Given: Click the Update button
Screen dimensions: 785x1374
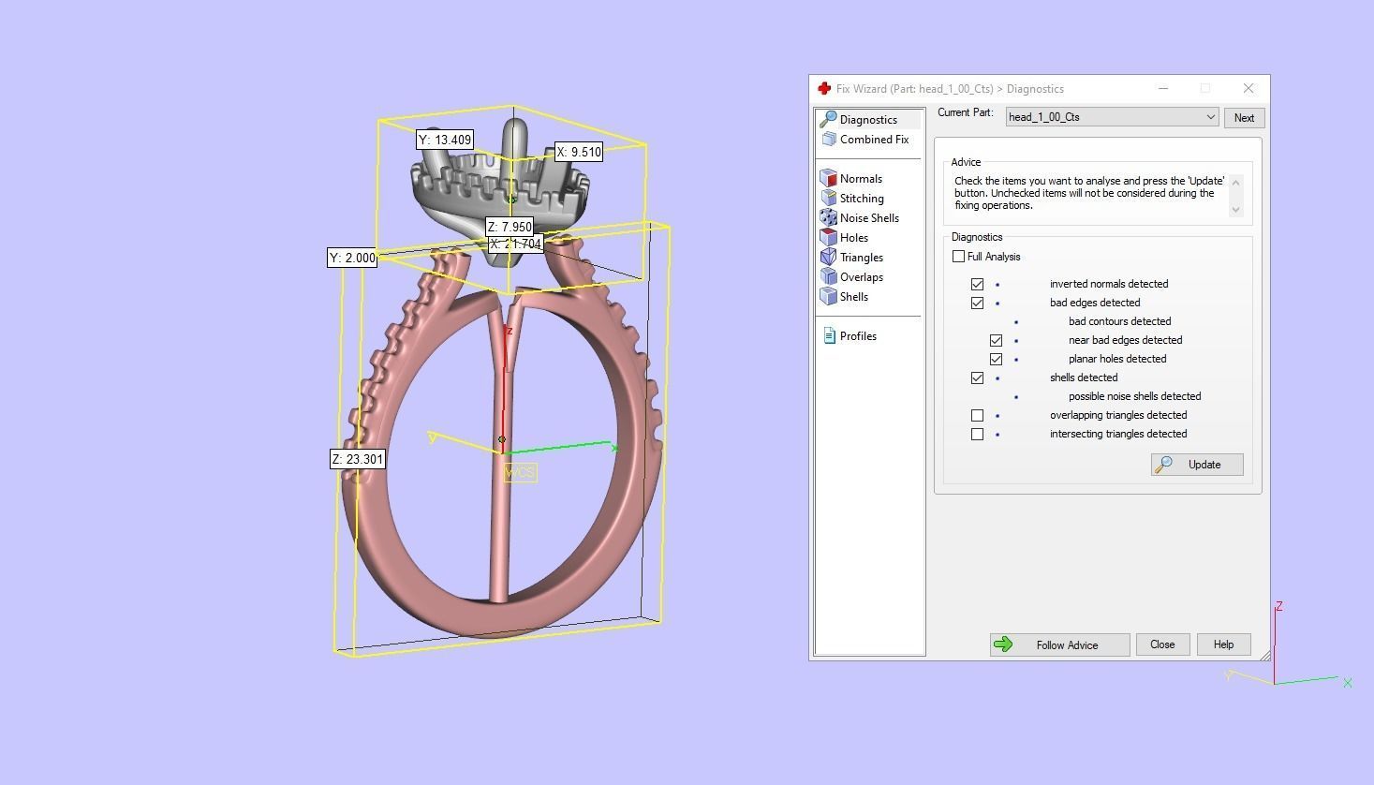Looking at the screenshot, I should click(x=1197, y=465).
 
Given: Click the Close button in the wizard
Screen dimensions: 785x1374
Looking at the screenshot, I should click(x=1162, y=644).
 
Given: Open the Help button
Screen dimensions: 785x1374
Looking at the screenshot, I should click(x=1223, y=644).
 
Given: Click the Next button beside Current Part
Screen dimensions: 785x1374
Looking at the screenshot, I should click(x=1244, y=118).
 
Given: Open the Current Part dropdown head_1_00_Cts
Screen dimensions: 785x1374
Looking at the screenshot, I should click(x=1112, y=117).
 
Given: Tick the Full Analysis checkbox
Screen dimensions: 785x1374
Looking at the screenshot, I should click(x=958, y=257).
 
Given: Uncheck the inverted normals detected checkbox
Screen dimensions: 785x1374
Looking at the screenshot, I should click(x=977, y=284).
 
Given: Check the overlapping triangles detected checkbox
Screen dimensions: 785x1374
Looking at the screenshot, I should click(x=977, y=415).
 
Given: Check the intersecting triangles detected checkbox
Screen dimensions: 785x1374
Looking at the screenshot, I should click(x=977, y=434).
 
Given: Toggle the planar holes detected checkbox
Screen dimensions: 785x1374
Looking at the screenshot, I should click(x=996, y=359).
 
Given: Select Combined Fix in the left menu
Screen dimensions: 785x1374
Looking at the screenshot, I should click(x=873, y=140).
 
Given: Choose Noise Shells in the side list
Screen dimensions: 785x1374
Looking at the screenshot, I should click(x=868, y=218).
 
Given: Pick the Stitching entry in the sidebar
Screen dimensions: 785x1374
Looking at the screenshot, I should click(x=861, y=199).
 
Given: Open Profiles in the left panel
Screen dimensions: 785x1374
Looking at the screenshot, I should click(x=857, y=336).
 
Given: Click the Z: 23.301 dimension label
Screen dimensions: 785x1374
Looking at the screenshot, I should click(x=358, y=459).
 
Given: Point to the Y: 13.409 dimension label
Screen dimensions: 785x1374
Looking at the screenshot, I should click(x=445, y=140).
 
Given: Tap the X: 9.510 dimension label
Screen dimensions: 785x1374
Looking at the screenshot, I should click(x=578, y=152).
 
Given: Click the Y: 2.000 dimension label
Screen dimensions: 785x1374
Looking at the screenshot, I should click(x=352, y=258).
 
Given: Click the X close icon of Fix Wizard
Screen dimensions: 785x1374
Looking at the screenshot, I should click(x=1248, y=88).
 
